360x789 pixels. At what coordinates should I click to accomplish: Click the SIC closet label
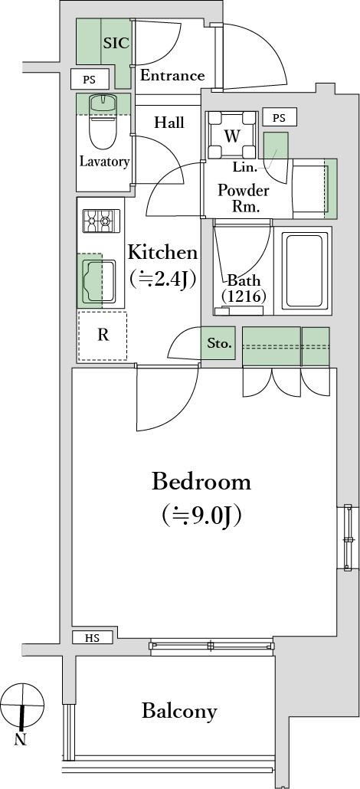[x=116, y=43]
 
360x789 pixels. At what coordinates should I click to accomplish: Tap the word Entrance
[x=172, y=76]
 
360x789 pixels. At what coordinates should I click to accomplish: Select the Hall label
[x=169, y=123]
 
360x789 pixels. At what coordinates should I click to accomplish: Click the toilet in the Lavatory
[x=103, y=121]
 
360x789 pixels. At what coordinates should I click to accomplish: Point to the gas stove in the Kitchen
[x=102, y=221]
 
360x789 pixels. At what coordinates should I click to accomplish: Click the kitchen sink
[x=99, y=281]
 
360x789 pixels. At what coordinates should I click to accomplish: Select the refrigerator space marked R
[x=103, y=336]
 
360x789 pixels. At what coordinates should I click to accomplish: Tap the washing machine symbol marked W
[x=231, y=136]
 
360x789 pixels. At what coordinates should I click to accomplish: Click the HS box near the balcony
[x=92, y=638]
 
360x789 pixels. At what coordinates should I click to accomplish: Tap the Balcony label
[x=180, y=712]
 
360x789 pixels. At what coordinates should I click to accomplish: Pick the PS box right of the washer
[x=280, y=118]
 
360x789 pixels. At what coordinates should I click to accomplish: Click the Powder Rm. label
[x=244, y=198]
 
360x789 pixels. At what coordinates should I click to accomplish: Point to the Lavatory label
[x=105, y=162]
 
